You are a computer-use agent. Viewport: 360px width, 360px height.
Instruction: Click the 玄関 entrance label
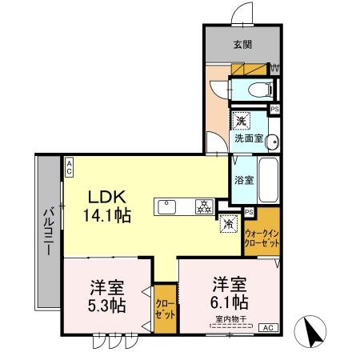tap(241, 45)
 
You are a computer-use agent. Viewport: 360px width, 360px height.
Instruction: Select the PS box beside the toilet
tap(275, 109)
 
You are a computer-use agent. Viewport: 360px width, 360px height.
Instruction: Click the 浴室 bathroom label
tap(244, 180)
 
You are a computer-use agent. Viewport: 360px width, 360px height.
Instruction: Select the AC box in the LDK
tap(70, 166)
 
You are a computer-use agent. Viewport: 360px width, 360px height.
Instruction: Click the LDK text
tap(104, 195)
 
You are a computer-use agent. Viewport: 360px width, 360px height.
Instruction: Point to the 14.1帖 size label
tap(107, 214)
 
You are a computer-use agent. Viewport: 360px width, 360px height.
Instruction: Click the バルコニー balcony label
tap(46, 233)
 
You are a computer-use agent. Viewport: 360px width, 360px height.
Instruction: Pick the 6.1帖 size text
tap(230, 303)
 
